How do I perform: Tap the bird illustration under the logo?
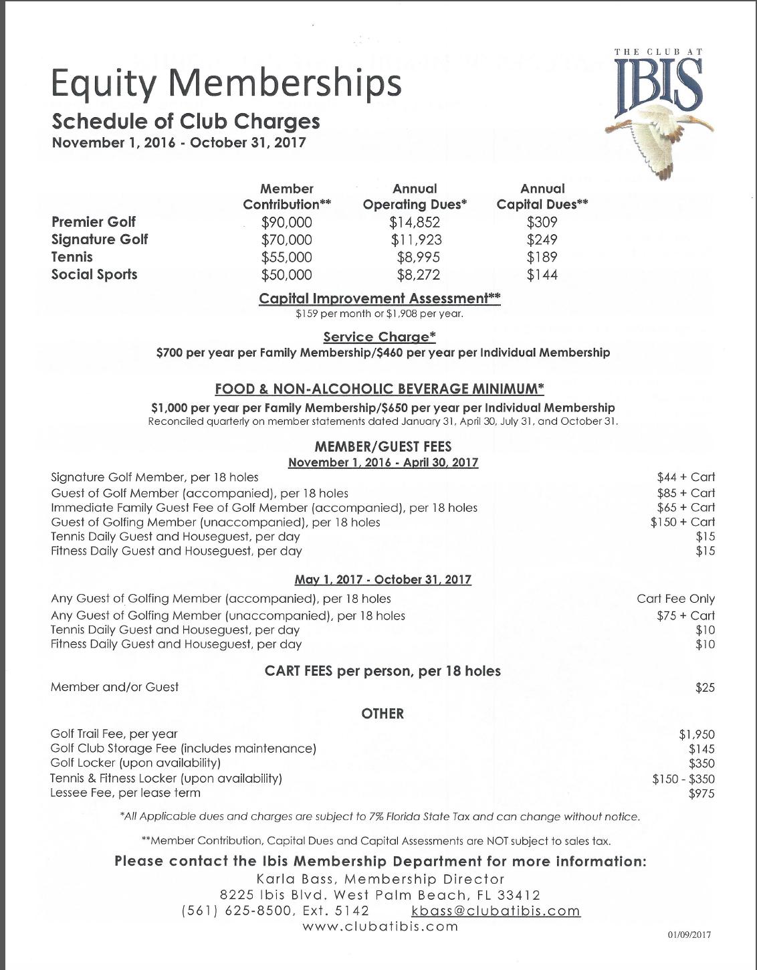click(x=659, y=148)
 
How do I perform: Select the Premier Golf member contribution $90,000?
click(x=287, y=223)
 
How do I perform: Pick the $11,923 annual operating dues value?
click(x=416, y=239)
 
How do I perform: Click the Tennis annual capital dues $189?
click(x=542, y=257)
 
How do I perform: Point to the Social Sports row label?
click(x=94, y=274)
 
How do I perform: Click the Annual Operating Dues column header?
click(x=415, y=197)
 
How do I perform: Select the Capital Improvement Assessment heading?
click(x=379, y=298)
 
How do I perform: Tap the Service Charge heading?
click(x=379, y=337)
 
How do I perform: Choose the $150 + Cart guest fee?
click(x=682, y=522)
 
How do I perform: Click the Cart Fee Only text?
click(x=675, y=599)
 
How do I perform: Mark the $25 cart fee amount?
click(x=705, y=688)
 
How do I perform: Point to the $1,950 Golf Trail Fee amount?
click(x=697, y=735)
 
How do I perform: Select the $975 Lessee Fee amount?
click(x=701, y=794)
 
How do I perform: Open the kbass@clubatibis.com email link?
click(x=496, y=911)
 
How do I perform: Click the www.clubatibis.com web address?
click(x=380, y=927)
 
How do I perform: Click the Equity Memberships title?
click(x=227, y=82)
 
